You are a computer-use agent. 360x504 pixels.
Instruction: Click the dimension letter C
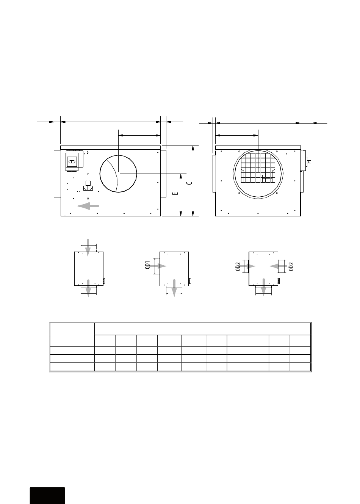coord(190,183)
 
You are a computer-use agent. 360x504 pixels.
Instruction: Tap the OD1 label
coord(147,265)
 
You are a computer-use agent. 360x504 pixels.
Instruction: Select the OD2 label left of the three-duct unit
coord(238,266)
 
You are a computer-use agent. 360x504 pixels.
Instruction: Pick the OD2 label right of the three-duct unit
coord(291,266)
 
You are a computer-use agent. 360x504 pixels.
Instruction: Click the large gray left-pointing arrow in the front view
coord(88,206)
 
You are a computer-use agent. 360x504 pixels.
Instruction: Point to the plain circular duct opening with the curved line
coord(118,174)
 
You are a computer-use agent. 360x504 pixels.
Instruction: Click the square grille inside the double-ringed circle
coord(258,168)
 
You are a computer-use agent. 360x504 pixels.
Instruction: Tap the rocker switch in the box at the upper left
coord(72,161)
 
